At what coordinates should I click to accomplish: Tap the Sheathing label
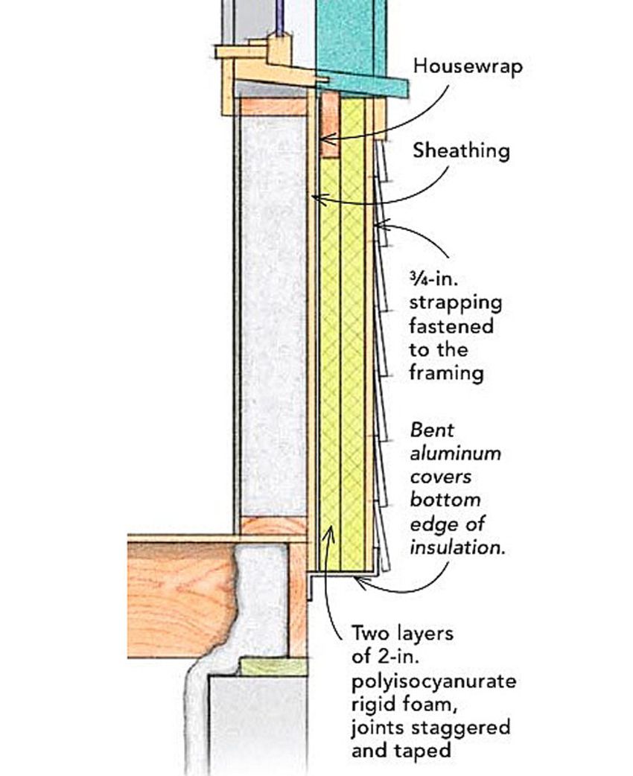[462, 151]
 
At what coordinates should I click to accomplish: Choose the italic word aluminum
[455, 453]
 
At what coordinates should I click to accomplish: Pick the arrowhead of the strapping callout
[377, 223]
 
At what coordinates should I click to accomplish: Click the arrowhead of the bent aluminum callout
[358, 580]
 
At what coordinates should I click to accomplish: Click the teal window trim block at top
[350, 37]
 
